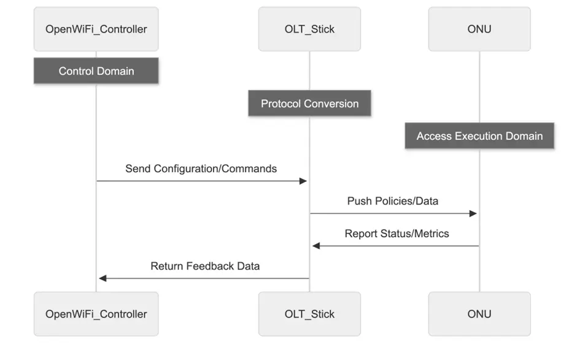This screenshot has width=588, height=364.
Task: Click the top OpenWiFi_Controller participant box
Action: click(x=96, y=29)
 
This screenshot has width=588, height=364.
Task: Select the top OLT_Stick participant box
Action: click(x=309, y=29)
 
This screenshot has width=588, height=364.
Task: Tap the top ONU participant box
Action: click(x=479, y=29)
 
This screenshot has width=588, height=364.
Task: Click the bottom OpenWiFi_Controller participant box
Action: click(x=96, y=314)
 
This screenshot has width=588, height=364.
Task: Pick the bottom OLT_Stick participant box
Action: click(x=309, y=314)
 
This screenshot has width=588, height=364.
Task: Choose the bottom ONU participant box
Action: click(x=479, y=314)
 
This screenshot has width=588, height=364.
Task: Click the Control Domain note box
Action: click(x=96, y=71)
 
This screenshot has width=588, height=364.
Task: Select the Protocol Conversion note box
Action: click(x=309, y=104)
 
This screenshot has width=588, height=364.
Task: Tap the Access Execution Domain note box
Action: click(x=479, y=136)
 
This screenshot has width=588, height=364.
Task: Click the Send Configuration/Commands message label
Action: click(x=201, y=169)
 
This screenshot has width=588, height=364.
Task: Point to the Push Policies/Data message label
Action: click(x=393, y=201)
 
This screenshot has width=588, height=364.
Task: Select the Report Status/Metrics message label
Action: click(x=397, y=233)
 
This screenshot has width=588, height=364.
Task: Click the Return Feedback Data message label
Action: click(x=205, y=266)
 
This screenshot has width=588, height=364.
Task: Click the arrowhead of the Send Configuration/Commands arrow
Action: click(x=303, y=181)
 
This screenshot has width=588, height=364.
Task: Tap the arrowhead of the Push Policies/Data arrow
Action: click(x=473, y=213)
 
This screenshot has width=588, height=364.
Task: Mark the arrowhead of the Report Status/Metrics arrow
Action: click(x=316, y=246)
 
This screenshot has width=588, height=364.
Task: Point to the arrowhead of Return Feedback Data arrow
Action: click(x=103, y=278)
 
